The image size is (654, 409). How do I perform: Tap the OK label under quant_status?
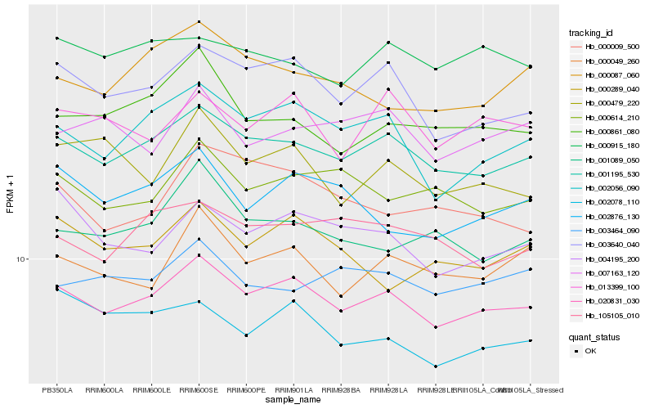(x=591, y=351)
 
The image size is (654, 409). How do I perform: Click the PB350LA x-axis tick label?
(x=56, y=389)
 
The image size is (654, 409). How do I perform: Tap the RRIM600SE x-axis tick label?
(x=199, y=389)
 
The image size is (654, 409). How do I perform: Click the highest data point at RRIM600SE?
(x=199, y=21)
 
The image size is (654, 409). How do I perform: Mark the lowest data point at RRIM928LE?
(x=436, y=366)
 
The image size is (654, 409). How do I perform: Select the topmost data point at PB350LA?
(x=56, y=38)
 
